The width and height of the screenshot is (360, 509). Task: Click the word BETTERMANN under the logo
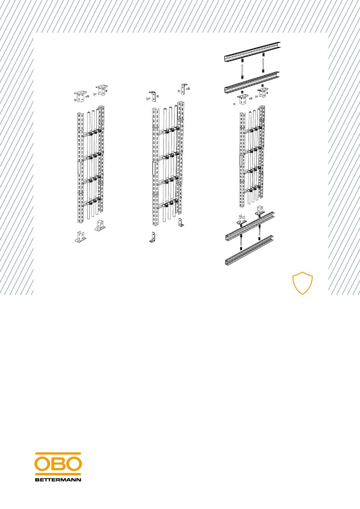58,480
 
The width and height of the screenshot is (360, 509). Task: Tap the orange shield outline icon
302,283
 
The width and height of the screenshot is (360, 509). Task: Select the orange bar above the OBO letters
58,453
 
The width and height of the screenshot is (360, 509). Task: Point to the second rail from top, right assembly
252,83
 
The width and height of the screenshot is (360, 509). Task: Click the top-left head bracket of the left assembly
80,97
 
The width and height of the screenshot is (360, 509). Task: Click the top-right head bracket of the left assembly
102,90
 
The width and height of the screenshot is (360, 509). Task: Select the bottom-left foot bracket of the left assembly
81,237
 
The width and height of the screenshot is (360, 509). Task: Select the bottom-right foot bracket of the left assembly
100,226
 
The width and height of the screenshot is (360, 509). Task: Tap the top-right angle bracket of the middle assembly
183,89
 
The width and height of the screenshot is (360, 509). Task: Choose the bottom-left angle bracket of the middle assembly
152,237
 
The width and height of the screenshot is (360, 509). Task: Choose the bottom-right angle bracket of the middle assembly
181,222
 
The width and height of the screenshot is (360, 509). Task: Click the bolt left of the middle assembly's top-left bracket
147,98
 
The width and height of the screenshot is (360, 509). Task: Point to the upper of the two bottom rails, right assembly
249,226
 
